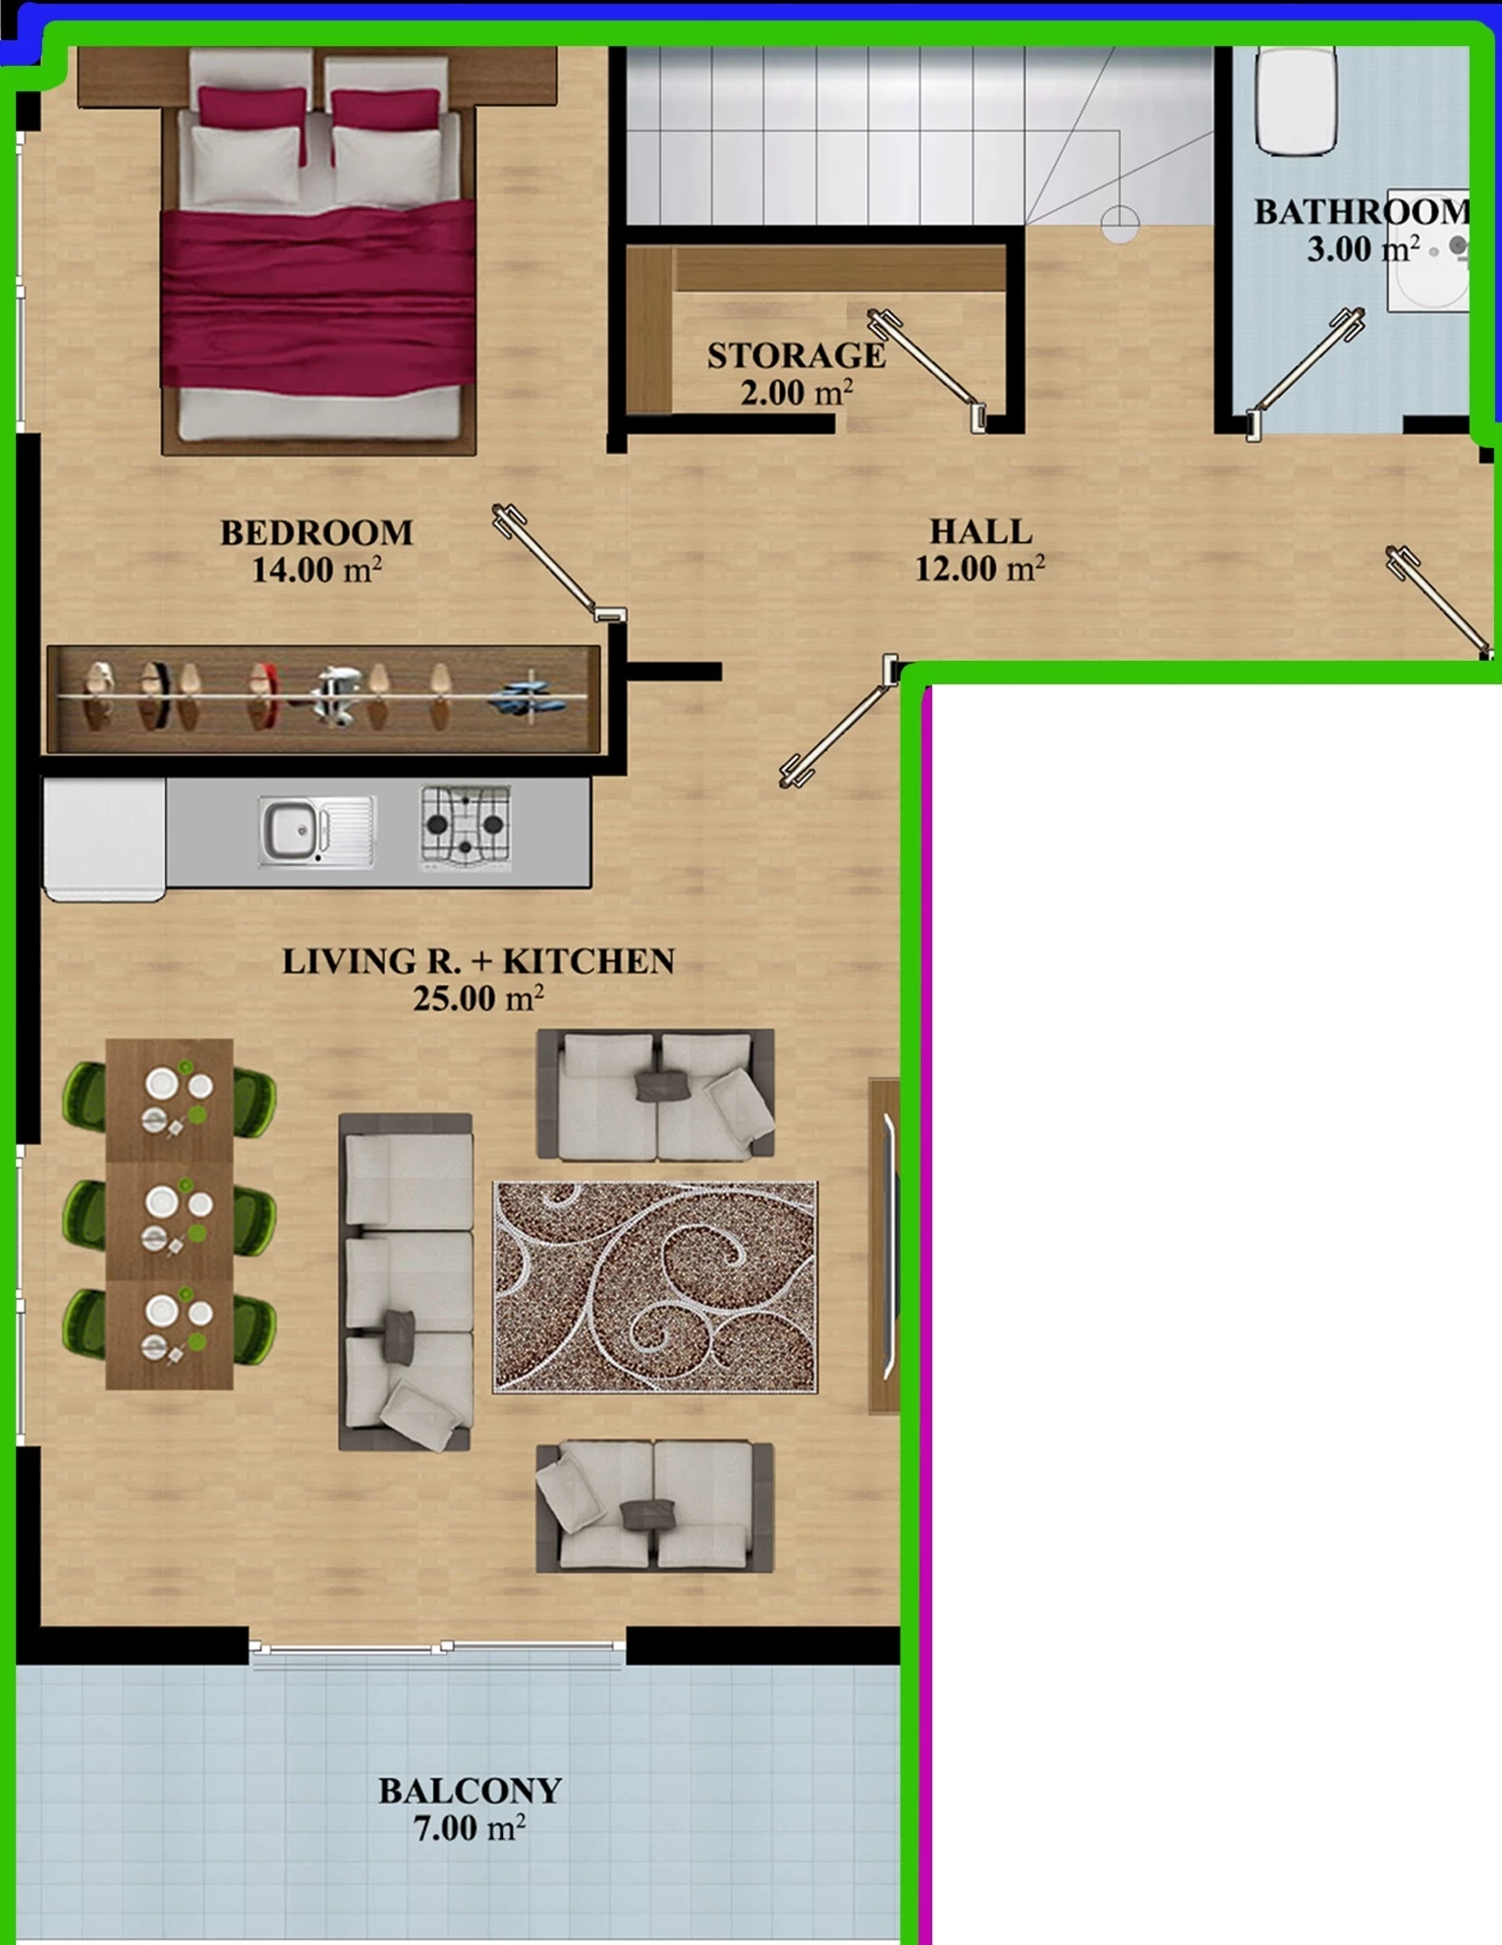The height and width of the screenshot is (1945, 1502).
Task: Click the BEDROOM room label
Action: pyautogui.click(x=316, y=533)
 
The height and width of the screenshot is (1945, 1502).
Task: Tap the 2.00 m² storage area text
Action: pyautogui.click(x=797, y=393)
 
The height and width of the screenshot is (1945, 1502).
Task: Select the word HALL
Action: pyautogui.click(x=980, y=532)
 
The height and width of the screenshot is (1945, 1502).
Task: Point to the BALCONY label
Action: pyautogui.click(x=470, y=1791)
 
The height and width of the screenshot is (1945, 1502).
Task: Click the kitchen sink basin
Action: pyautogui.click(x=291, y=830)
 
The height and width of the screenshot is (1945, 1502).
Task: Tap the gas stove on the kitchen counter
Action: pyautogui.click(x=466, y=827)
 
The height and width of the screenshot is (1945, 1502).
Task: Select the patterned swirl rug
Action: pyautogui.click(x=654, y=1286)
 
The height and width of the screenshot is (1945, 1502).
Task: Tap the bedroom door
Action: pyautogui.click(x=558, y=563)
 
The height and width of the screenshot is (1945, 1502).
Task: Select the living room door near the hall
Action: pyautogui.click(x=840, y=722)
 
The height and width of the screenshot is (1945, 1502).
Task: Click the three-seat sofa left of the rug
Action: pyautogui.click(x=406, y=1282)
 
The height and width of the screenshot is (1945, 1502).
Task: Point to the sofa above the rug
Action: pyautogui.click(x=655, y=1094)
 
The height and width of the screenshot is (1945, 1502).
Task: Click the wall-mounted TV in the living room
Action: pyautogui.click(x=885, y=1246)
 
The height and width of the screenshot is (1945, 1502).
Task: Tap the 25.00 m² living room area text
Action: pyautogui.click(x=478, y=999)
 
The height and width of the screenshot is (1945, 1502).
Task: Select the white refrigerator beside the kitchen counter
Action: pyautogui.click(x=104, y=839)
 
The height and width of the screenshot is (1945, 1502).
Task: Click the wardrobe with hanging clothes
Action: pyautogui.click(x=323, y=699)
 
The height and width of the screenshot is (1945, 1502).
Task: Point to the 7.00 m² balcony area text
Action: pyautogui.click(x=470, y=1828)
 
